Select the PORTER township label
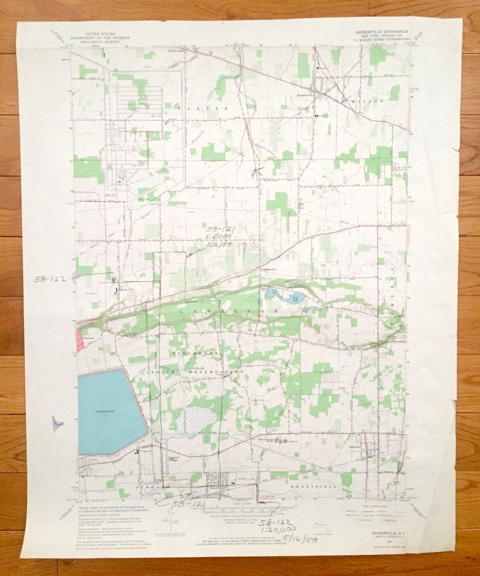203,108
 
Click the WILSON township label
369,101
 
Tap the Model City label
125,290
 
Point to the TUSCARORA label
195,354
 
